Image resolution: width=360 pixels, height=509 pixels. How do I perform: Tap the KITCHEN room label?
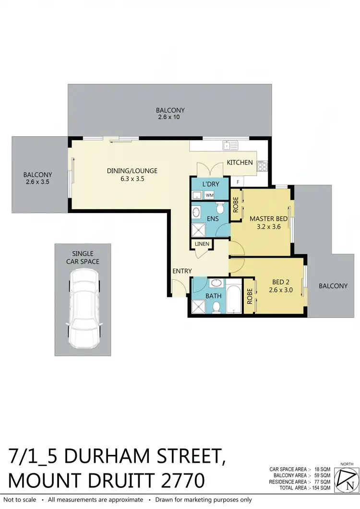tap(240, 163)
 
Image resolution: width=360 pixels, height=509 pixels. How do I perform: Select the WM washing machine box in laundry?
tap(209, 195)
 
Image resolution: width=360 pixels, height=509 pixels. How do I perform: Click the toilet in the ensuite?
tap(220, 208)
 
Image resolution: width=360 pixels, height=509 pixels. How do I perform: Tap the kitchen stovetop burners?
tap(263, 166)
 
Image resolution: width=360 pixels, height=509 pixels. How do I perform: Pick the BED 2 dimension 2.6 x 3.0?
tap(281, 290)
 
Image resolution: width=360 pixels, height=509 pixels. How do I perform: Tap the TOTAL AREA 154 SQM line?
tap(300, 487)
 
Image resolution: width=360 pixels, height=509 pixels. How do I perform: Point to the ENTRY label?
tap(182, 271)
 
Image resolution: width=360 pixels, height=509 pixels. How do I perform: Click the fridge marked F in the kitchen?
tap(237, 182)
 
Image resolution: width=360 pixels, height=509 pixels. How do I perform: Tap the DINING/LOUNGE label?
tap(132, 171)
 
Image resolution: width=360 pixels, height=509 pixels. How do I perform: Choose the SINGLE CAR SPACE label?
tap(84, 257)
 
